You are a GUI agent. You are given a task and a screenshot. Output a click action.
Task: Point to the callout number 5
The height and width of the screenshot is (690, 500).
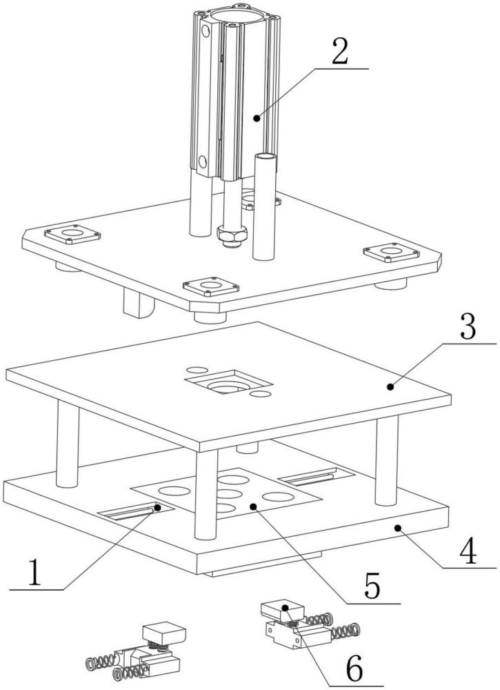pyautogui.click(x=372, y=586)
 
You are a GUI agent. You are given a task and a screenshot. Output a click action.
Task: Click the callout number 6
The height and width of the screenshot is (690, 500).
pyautogui.click(x=354, y=669)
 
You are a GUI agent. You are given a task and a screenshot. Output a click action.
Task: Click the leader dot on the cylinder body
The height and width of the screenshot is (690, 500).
pyautogui.click(x=257, y=117)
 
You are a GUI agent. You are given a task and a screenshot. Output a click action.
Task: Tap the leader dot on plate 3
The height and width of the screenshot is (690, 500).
pyautogui.click(x=390, y=387)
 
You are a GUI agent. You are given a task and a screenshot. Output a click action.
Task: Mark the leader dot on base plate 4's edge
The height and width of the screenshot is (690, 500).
pyautogui.click(x=398, y=528)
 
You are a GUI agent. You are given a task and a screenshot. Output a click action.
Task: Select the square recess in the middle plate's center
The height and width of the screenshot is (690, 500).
pyautogui.click(x=228, y=382)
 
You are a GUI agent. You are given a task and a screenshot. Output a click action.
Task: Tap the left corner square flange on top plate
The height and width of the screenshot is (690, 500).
pyautogui.click(x=72, y=235)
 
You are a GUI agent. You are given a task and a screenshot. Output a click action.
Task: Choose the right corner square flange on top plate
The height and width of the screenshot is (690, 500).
pyautogui.click(x=392, y=252)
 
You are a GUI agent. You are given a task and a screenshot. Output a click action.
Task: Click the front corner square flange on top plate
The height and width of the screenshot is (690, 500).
pyautogui.click(x=211, y=287)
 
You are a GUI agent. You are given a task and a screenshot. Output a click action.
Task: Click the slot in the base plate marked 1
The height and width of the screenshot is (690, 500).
pyautogui.click(x=136, y=511)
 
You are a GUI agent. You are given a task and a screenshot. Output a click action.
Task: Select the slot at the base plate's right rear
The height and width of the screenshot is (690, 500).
pyautogui.click(x=316, y=477)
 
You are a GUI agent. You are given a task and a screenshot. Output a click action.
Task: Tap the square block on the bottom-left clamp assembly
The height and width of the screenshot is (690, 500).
pyautogui.click(x=163, y=633)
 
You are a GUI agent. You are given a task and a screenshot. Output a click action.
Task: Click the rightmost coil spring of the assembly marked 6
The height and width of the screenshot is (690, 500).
pyautogui.click(x=346, y=632)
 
